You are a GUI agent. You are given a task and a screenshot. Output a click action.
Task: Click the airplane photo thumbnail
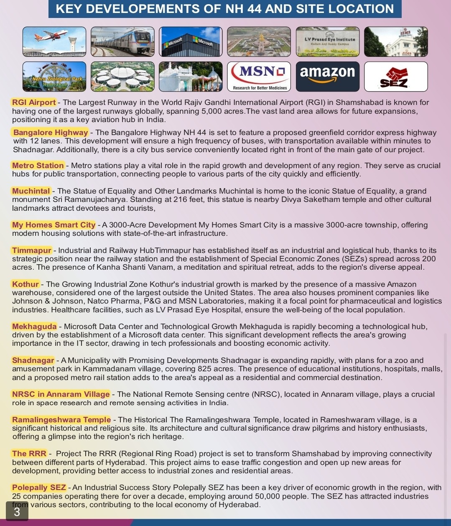(x=54, y=42)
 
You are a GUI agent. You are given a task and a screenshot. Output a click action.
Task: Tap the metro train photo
(x=122, y=42)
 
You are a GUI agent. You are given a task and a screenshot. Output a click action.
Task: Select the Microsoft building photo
(x=191, y=42)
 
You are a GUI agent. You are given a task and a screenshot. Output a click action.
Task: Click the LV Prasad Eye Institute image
(x=327, y=42)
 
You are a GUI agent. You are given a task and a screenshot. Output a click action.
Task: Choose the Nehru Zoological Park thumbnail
(x=54, y=77)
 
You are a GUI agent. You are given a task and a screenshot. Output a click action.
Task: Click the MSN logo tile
(x=259, y=77)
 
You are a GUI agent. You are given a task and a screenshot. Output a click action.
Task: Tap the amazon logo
(x=327, y=77)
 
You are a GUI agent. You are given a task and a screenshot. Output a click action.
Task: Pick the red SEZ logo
(x=395, y=77)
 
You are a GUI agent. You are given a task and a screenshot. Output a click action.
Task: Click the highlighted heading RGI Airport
(x=34, y=102)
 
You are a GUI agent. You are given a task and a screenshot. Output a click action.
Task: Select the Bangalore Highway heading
(x=51, y=133)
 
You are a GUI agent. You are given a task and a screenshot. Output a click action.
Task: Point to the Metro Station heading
(x=38, y=166)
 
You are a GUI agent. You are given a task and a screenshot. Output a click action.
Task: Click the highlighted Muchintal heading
(x=31, y=191)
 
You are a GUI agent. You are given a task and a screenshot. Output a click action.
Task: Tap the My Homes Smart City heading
(x=54, y=225)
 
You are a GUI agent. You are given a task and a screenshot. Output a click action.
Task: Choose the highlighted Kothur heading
(x=25, y=284)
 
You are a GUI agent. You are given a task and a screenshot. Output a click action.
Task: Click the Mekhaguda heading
(x=34, y=327)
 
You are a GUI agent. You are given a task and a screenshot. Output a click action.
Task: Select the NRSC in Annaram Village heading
(x=61, y=394)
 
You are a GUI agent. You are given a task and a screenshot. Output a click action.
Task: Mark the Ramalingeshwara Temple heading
(x=61, y=420)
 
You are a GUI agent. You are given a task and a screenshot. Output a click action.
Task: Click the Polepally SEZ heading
(x=39, y=488)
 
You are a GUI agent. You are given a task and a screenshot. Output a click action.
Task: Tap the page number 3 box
(x=17, y=511)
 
